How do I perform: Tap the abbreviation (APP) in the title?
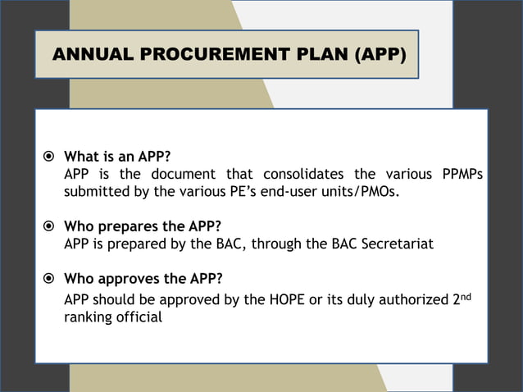click(380, 56)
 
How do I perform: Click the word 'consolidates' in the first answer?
click(303, 175)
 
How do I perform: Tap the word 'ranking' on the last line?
click(88, 317)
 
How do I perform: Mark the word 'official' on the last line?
click(140, 317)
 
